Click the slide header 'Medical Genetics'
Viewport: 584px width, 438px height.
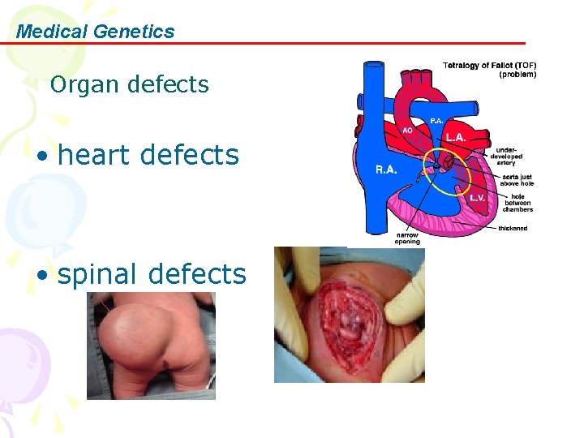95,32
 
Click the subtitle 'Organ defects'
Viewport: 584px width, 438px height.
129,84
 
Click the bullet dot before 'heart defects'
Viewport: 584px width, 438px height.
41,156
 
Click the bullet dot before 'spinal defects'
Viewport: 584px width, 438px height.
41,276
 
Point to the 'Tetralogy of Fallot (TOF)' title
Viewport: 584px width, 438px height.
489,66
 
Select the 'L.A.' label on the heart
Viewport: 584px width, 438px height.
455,138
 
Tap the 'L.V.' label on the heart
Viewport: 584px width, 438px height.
479,197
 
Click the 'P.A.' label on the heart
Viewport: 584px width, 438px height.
436,121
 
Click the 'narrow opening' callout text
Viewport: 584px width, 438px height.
407,238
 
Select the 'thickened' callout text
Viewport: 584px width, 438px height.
513,229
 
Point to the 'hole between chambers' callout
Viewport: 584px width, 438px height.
518,202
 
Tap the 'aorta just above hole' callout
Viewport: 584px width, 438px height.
517,180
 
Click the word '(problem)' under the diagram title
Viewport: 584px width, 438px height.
517,75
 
